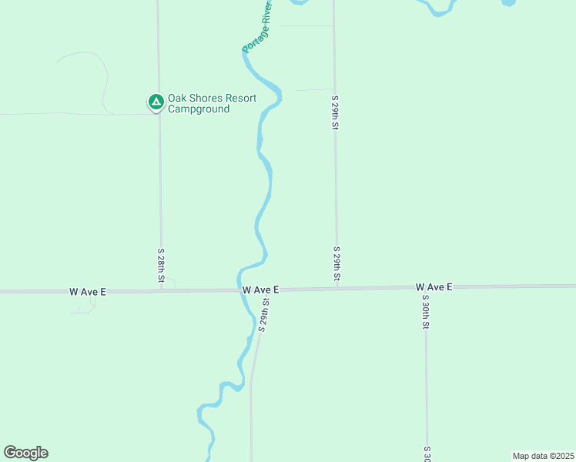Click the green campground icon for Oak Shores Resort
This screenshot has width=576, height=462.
[x=156, y=102]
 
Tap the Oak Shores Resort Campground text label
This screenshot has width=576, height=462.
[x=199, y=104]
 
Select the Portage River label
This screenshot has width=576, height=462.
[x=258, y=28]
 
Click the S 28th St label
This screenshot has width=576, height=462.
[x=161, y=266]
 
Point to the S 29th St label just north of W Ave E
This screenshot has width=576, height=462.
[x=337, y=264]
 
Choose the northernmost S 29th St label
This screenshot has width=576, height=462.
[x=335, y=113]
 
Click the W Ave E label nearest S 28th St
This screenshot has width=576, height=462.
[x=87, y=292]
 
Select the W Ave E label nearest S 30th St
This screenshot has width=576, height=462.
[x=434, y=287]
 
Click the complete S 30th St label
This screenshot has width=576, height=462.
[x=425, y=312]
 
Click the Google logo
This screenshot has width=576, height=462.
[x=25, y=453]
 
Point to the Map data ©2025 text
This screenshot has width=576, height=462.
[x=542, y=455]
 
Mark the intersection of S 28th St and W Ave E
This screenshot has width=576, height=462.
[x=161, y=291]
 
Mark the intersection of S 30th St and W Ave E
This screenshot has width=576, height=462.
[x=425, y=287]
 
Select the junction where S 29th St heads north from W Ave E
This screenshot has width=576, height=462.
[x=337, y=289]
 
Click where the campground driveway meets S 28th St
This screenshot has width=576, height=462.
[x=159, y=114]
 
